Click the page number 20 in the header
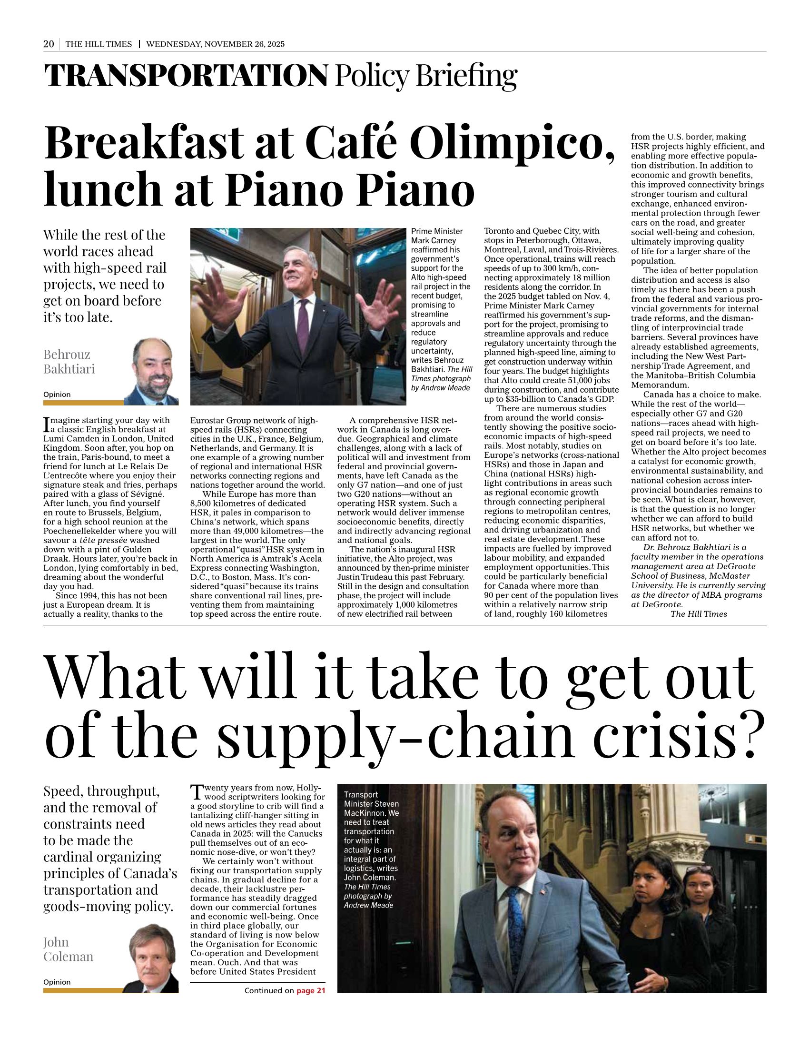point(49,44)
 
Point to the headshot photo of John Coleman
point(151,958)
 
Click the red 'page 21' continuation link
point(311,990)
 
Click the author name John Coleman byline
point(69,949)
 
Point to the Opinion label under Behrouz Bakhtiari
point(57,395)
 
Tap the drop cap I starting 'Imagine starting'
point(47,423)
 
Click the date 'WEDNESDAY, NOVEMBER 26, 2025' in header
point(215,44)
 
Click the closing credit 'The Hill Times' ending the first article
point(698,614)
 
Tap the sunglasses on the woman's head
point(699,866)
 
